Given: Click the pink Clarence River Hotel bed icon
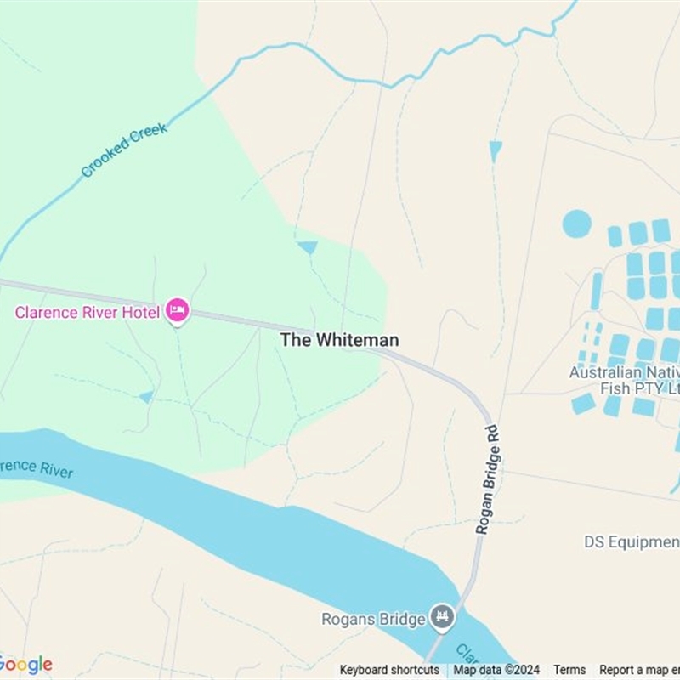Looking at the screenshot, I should pos(177,311).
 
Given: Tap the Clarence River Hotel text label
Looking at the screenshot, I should pos(88,313).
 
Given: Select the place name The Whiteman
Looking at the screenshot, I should pos(339,340).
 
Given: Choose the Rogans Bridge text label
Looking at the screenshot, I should pos(372,619).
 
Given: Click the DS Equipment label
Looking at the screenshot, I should pos(632,541).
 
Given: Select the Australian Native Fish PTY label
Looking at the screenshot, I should pos(625,380).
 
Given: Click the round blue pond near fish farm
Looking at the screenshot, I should pos(576,224).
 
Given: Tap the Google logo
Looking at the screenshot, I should pos(25,664).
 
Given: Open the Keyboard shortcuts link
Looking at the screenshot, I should pos(389,670).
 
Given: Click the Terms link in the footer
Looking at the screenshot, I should pos(569,670).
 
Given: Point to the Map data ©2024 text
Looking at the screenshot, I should pos(496,670).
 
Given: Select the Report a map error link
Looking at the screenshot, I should pos(639,670).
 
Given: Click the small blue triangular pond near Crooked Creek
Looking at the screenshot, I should pos(496,150).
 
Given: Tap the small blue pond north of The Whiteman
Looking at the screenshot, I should pos(307,247).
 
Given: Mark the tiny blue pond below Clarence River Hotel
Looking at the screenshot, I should pos(147,396).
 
